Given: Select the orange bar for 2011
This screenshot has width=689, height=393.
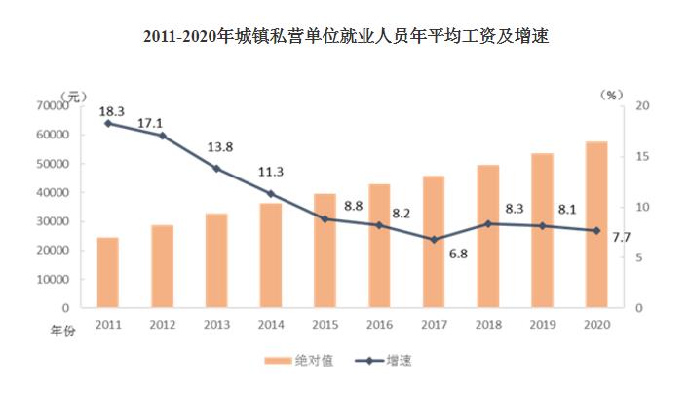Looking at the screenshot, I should [107, 272].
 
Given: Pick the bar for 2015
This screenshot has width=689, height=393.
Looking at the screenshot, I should [325, 251].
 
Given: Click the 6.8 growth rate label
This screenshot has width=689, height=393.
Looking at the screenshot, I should [433, 255].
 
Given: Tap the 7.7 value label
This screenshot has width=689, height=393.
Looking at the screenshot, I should [622, 237].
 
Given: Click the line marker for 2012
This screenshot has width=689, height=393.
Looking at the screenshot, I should [162, 136].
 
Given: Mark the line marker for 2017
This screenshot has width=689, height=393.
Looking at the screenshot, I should [434, 239].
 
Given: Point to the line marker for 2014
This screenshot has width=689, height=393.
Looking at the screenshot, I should [270, 193].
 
